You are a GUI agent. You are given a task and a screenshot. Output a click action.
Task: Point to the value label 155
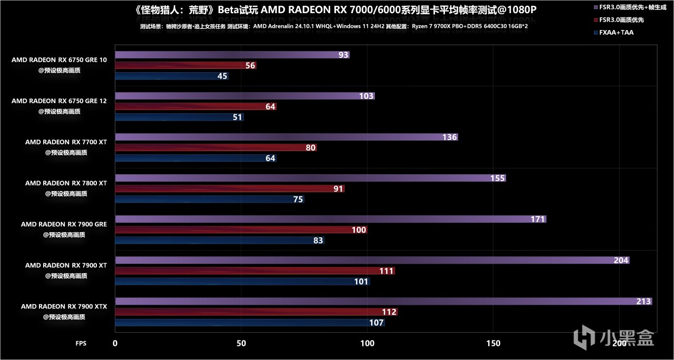[x=498, y=178]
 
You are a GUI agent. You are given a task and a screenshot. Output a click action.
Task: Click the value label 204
[x=621, y=261]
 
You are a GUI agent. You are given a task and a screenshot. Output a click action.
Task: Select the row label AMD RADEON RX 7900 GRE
[x=64, y=224]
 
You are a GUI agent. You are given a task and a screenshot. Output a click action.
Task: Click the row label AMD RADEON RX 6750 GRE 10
[x=59, y=60]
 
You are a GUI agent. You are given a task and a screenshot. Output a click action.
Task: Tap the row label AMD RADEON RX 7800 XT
[x=66, y=183]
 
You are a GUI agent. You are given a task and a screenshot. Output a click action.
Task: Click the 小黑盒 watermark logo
[x=613, y=337]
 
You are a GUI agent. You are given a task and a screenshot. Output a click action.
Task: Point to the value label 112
[x=389, y=312]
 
